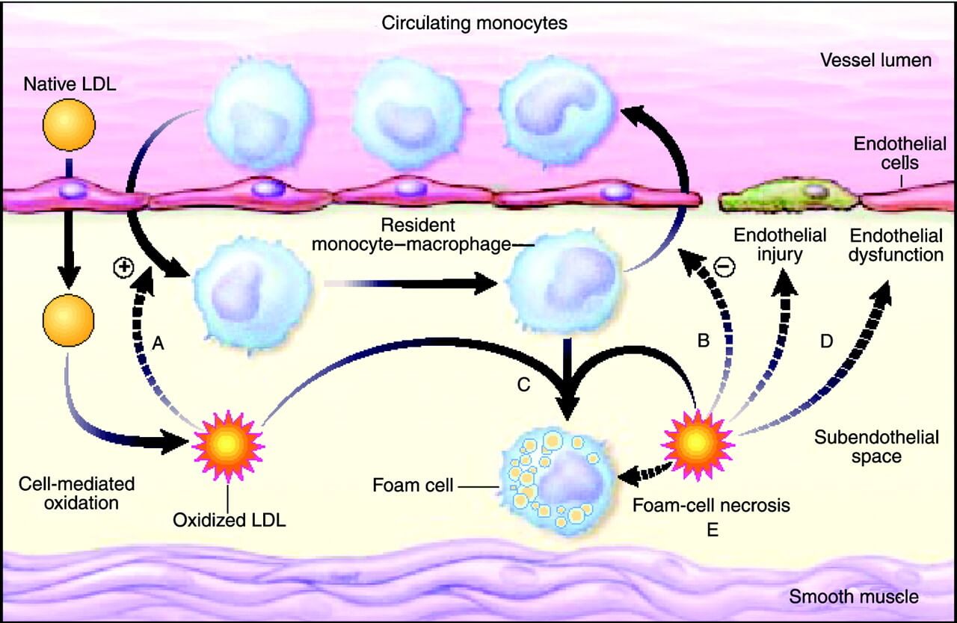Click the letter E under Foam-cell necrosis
[712, 530]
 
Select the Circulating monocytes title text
[475, 23]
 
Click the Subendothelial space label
[876, 446]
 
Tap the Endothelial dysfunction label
[895, 245]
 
